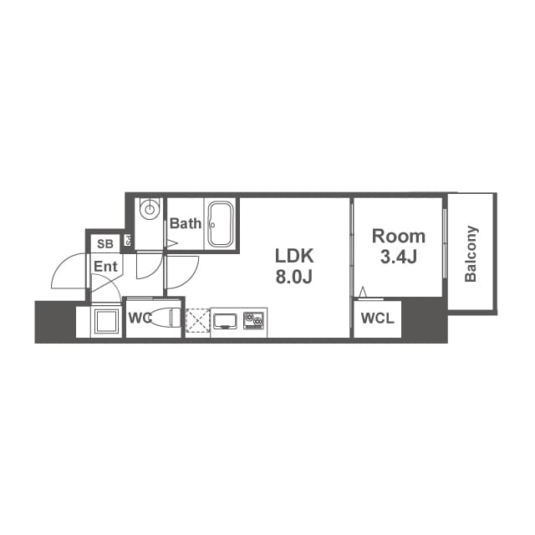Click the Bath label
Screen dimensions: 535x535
pyautogui.click(x=186, y=224)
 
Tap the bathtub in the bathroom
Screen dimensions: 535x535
pyautogui.click(x=222, y=224)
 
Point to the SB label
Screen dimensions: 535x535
pyautogui.click(x=105, y=244)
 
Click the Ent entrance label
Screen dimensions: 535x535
pyautogui.click(x=105, y=267)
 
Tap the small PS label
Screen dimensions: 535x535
pyautogui.click(x=129, y=242)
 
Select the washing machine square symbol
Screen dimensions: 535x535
pyautogui.click(x=105, y=322)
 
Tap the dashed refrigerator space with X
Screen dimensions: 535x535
pyautogui.click(x=196, y=322)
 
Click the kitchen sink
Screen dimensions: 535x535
pyautogui.click(x=226, y=320)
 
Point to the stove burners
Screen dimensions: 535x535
pyautogui.click(x=254, y=320)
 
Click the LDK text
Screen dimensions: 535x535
pyautogui.click(x=294, y=255)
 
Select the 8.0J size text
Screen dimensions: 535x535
pyautogui.click(x=294, y=277)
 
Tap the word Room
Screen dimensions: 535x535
pyautogui.click(x=398, y=236)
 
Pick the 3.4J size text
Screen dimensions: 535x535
pyautogui.click(x=398, y=257)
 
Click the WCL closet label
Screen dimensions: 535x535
pyautogui.click(x=377, y=318)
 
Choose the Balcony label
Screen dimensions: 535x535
pyautogui.click(x=471, y=253)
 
